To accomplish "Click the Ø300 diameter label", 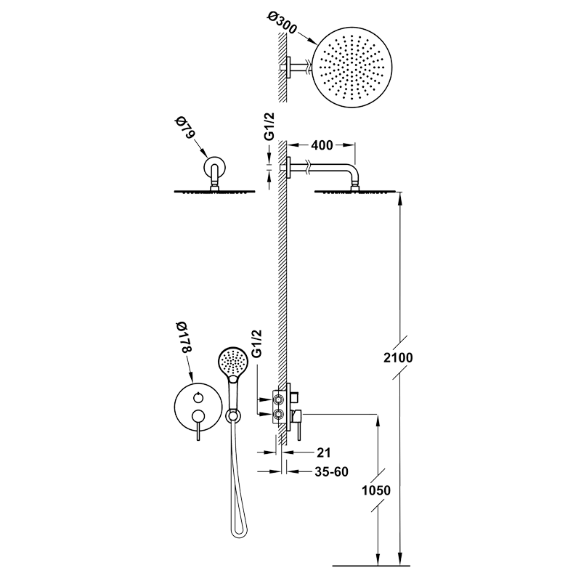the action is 282,23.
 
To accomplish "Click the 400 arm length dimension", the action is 322,145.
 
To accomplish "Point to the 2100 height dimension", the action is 398,357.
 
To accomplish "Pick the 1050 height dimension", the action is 376,490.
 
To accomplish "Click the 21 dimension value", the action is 323,452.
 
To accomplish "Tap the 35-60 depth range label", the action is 332,471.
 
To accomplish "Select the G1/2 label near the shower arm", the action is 269,126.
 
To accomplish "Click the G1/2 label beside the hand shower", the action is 256,344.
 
